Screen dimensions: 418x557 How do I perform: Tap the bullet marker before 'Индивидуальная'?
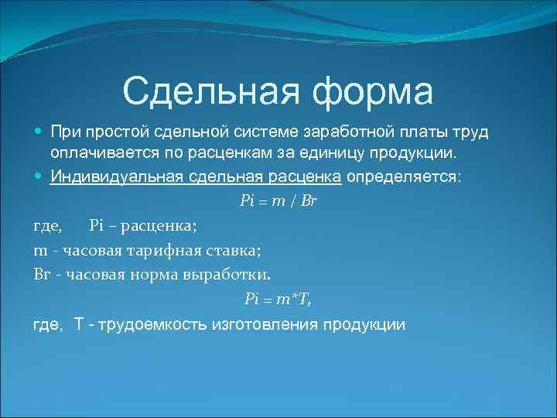[x=39, y=176]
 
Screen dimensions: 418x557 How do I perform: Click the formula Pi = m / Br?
[x=278, y=200]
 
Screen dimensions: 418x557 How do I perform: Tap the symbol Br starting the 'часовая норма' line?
[x=41, y=275]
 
